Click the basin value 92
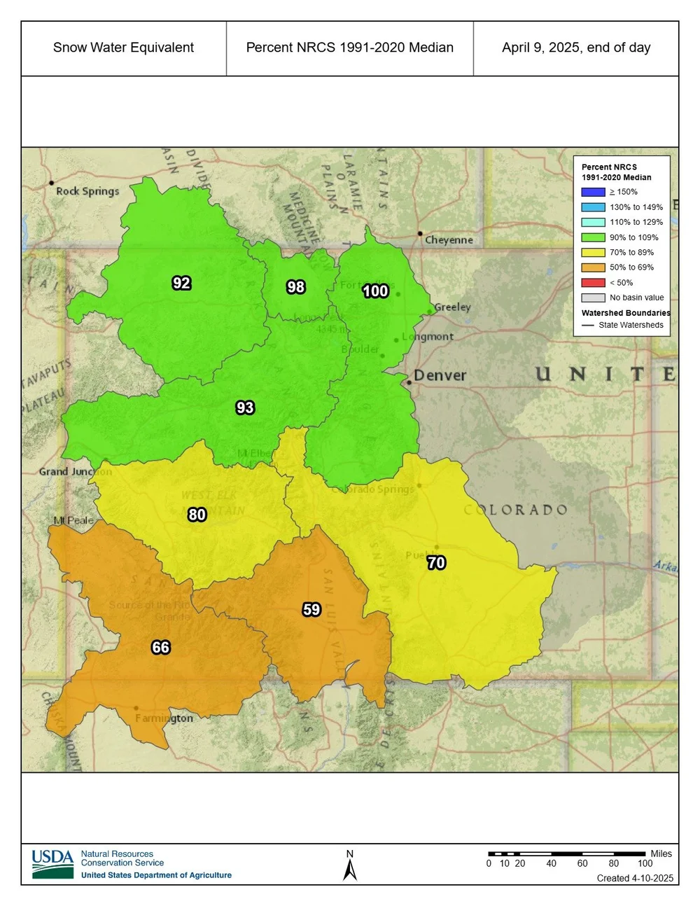tap(181, 283)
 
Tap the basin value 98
tap(295, 287)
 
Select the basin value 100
tap(375, 291)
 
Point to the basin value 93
tap(245, 407)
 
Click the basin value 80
tap(197, 515)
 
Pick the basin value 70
tap(436, 563)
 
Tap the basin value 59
tap(311, 610)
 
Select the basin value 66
tap(160, 647)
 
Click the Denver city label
tap(440, 375)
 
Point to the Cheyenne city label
tap(449, 240)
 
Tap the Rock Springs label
tap(87, 191)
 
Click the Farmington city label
tap(164, 718)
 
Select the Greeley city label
tap(452, 307)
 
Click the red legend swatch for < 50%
tap(593, 283)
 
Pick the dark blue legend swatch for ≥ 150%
tap(593, 192)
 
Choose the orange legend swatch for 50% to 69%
tap(593, 267)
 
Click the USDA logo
tap(52, 864)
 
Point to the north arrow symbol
tap(350, 868)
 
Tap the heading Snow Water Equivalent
tap(123, 48)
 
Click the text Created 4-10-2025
tap(635, 878)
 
